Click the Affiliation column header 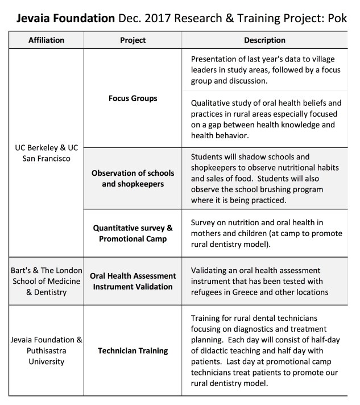[x=46, y=40]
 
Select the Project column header [x=133, y=40]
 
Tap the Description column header [x=264, y=40]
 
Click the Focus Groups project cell [x=133, y=98]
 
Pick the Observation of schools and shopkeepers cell [x=133, y=178]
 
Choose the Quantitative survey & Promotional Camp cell [x=133, y=233]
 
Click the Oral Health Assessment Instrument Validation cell [x=133, y=281]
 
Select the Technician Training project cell [x=133, y=350]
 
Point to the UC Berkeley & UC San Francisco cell [x=46, y=153]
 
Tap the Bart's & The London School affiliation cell [x=46, y=280]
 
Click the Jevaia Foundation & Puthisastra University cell [x=46, y=350]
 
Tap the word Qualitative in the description [x=213, y=103]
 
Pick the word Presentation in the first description [x=217, y=59]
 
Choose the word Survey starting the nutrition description [x=205, y=223]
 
